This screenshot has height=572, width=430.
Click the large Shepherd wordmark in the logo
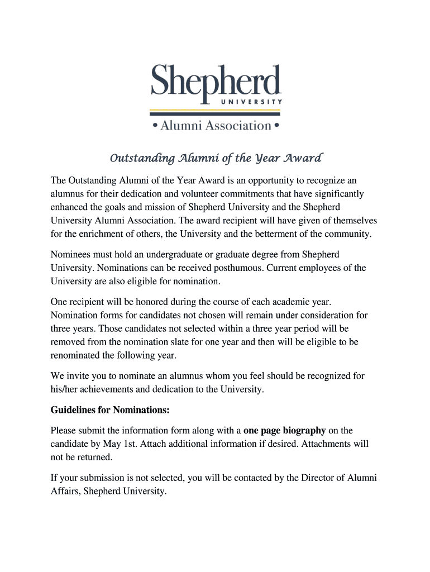coord(216,82)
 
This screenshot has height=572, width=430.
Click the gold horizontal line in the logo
coord(216,109)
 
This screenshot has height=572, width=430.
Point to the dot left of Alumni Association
coord(155,126)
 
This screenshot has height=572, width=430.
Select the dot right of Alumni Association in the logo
coord(276,126)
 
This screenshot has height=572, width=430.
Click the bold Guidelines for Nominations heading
coord(110,410)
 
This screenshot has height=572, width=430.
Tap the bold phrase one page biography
coord(285,431)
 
